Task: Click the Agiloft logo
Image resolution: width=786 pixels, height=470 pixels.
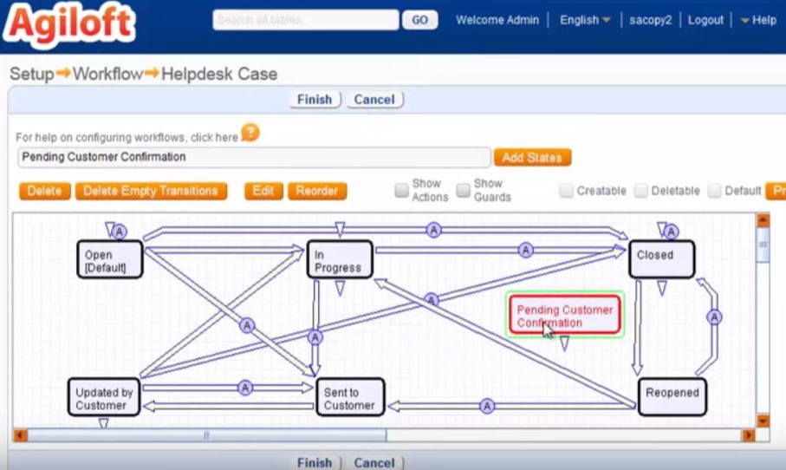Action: pyautogui.click(x=69, y=23)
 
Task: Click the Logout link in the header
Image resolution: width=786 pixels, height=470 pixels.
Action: pyautogui.click(x=705, y=20)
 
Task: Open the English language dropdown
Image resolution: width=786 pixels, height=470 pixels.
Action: pyautogui.click(x=585, y=20)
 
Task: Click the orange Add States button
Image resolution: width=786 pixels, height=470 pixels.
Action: pyautogui.click(x=532, y=158)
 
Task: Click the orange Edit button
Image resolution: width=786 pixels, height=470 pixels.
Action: pyautogui.click(x=263, y=191)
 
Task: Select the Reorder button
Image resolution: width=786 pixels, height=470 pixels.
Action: pyautogui.click(x=317, y=191)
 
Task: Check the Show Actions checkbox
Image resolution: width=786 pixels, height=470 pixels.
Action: pyautogui.click(x=401, y=190)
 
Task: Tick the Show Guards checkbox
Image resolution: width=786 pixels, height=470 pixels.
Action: pyautogui.click(x=464, y=190)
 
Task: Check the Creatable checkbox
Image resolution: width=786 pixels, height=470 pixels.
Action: pyautogui.click(x=566, y=191)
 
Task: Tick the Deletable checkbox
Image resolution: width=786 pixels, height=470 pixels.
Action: pyautogui.click(x=640, y=191)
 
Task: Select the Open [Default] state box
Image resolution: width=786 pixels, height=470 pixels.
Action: pyautogui.click(x=109, y=259)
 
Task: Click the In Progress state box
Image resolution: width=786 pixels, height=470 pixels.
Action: pyautogui.click(x=340, y=259)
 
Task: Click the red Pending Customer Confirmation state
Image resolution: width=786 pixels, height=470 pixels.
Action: pyautogui.click(x=564, y=315)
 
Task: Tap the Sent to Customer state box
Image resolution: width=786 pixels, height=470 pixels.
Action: pyautogui.click(x=350, y=397)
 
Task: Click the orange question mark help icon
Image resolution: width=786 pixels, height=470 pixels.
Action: pyautogui.click(x=250, y=134)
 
